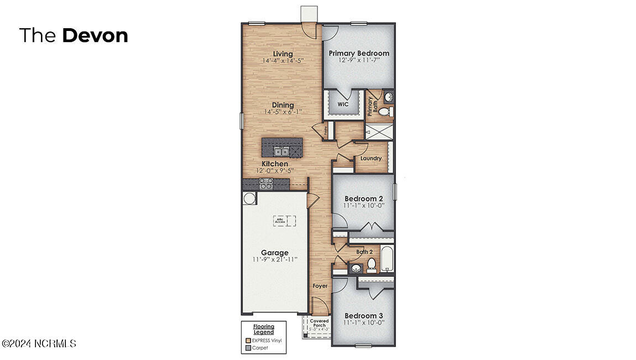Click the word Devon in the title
pyautogui.click(x=95, y=35)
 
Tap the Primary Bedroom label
pyautogui.click(x=359, y=54)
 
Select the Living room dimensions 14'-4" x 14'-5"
pyautogui.click(x=283, y=60)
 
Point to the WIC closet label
pyautogui.click(x=342, y=104)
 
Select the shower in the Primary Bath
pyautogui.click(x=379, y=132)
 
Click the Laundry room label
pyautogui.click(x=371, y=159)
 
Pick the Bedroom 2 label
pyautogui.click(x=364, y=199)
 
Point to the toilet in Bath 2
pyautogui.click(x=372, y=265)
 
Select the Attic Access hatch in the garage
pyautogui.click(x=284, y=220)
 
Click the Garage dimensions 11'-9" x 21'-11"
pyautogui.click(x=275, y=259)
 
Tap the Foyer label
pyautogui.click(x=320, y=286)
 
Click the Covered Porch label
pyautogui.click(x=319, y=323)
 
